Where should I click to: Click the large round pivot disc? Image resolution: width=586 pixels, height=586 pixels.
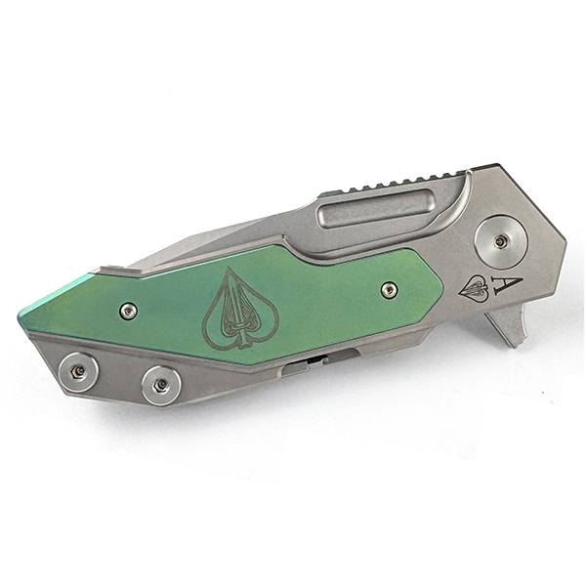499,242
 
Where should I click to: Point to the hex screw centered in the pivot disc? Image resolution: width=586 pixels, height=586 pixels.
498,242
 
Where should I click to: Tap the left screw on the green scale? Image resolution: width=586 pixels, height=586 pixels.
128,311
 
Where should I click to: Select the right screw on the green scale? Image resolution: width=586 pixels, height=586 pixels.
389,289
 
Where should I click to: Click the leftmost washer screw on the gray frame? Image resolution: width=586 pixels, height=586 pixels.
78,372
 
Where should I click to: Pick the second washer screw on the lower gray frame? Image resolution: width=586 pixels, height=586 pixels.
161,386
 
